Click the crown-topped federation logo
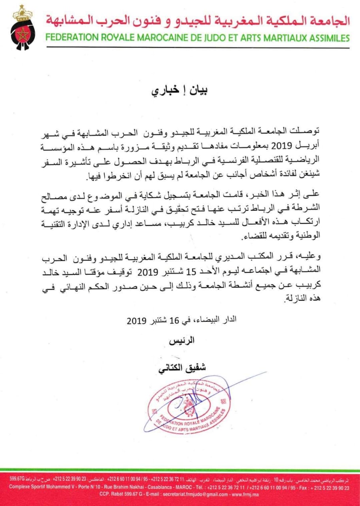(x=22, y=27)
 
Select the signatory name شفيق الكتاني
(x=180, y=367)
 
